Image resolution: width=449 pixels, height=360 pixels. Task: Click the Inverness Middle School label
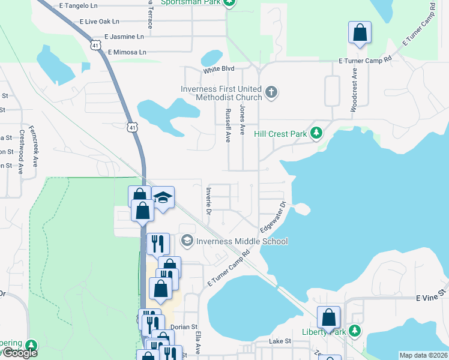click(x=243, y=241)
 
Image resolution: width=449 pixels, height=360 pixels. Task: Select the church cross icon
click(x=271, y=92)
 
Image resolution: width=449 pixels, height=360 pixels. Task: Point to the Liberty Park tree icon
click(x=355, y=331)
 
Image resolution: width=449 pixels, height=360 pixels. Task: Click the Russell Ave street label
click(x=228, y=125)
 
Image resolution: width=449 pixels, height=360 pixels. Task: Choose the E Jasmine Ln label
click(x=124, y=37)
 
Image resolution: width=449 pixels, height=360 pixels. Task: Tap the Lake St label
click(x=280, y=341)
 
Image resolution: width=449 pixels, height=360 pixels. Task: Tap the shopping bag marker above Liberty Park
click(x=329, y=317)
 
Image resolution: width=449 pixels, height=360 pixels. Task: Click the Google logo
click(x=20, y=353)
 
